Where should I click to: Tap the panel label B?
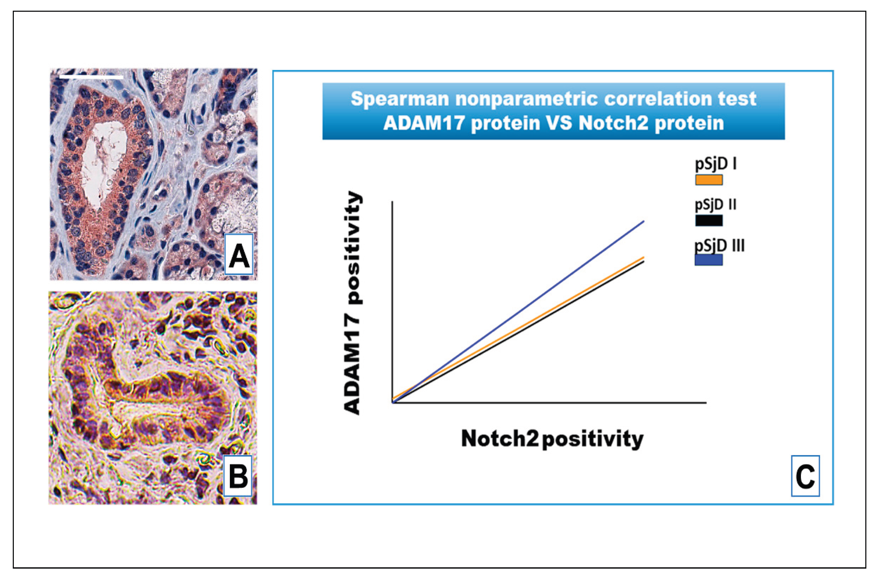(238, 476)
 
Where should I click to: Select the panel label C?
(805, 476)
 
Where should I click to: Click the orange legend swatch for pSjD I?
(708, 180)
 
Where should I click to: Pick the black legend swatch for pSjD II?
(708, 221)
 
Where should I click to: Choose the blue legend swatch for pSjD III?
(708, 260)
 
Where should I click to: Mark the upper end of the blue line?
(644, 221)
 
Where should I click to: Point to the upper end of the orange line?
(644, 257)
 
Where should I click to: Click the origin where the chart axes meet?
(393, 403)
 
